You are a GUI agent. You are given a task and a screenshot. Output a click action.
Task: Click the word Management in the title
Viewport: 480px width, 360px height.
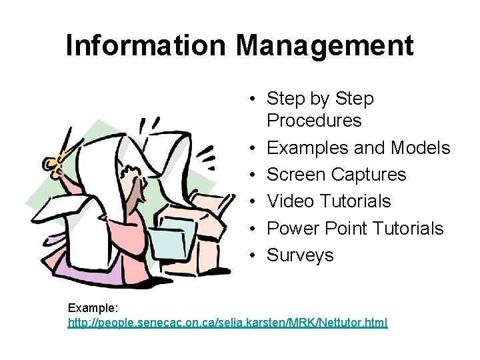tap(325, 45)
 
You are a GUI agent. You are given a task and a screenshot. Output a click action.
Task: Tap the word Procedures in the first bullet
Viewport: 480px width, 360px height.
tap(314, 121)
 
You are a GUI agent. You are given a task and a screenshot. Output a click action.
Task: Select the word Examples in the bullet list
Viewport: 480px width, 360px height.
tap(309, 147)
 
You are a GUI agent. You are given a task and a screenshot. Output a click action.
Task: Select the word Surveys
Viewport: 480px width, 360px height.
tap(300, 255)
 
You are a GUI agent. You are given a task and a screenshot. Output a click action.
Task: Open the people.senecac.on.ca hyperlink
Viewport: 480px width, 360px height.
tap(227, 323)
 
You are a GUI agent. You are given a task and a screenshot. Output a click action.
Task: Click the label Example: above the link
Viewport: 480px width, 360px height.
tap(93, 309)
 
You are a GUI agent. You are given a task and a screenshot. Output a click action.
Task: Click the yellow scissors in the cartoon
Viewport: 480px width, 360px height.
tap(55, 160)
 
